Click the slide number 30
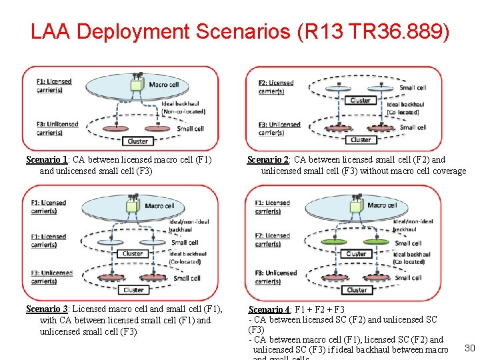pos(469,348)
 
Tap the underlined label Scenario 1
pos(46,159)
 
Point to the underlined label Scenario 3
pos(46,309)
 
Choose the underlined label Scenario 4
pos(268,309)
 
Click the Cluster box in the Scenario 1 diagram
pos(137,141)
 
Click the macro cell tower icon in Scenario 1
pos(137,84)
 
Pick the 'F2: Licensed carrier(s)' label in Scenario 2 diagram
pos(276,87)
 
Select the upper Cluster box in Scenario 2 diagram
pos(360,101)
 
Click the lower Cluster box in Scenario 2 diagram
pos(360,140)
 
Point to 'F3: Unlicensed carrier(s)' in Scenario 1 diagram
pos(58,127)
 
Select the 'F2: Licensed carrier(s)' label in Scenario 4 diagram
pos(273,240)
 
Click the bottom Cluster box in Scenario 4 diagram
pos(357,290)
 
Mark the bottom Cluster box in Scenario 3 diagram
pos(134,290)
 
